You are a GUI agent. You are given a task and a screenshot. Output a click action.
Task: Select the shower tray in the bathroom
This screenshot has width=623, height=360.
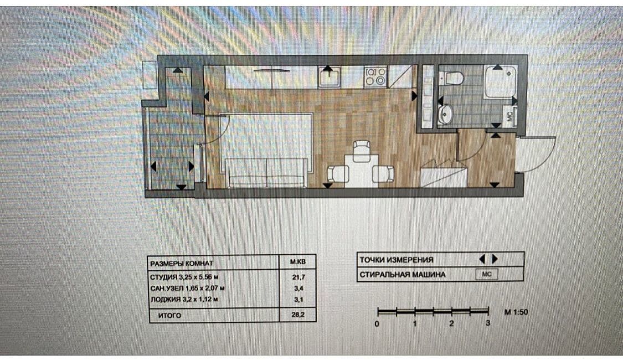tap(500, 83)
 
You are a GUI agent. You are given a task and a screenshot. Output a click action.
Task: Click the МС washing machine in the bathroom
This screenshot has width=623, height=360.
tap(509, 116)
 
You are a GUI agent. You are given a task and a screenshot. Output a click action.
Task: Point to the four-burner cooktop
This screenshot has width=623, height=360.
tap(375, 76)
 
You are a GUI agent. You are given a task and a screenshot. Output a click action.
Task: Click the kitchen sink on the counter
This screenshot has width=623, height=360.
tap(329, 77)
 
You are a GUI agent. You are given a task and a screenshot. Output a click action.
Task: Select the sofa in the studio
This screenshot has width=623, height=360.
tap(266, 173)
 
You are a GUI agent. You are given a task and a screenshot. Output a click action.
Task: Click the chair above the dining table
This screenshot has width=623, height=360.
tap(362, 151)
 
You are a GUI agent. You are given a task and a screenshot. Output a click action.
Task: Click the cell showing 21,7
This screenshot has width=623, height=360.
tap(298, 277)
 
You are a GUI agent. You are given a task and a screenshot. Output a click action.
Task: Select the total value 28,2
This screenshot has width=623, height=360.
tap(298, 315)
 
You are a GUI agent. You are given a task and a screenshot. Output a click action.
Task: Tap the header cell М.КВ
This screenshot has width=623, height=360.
tap(298, 263)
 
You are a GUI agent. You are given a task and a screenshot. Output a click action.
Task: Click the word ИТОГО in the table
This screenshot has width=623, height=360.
tap(169, 316)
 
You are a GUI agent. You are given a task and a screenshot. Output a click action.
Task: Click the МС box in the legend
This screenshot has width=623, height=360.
tap(487, 274)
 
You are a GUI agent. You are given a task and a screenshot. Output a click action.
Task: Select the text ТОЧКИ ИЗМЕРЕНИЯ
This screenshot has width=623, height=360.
tap(396, 260)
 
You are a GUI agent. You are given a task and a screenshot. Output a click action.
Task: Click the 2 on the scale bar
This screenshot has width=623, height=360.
tap(451, 323)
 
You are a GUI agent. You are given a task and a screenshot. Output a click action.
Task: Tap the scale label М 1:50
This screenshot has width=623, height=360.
tap(516, 312)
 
